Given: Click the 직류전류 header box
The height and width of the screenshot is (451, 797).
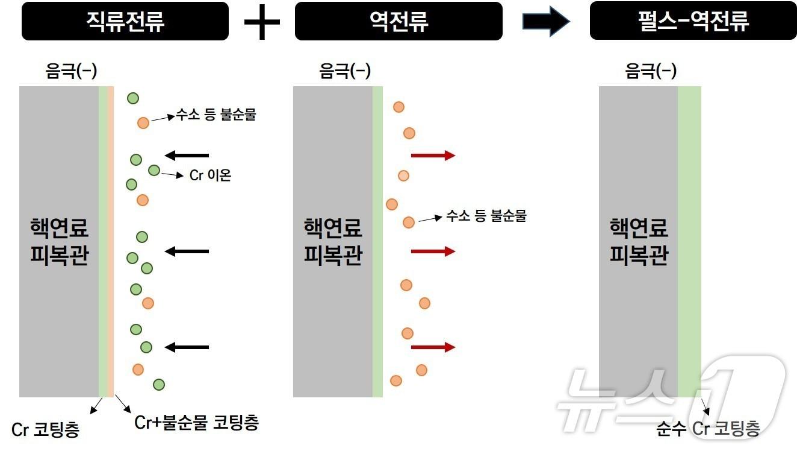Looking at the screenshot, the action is [125, 21].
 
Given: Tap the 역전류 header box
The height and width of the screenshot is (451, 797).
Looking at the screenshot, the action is [399, 21].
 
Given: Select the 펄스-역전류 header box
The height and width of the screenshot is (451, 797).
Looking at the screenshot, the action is [693, 20].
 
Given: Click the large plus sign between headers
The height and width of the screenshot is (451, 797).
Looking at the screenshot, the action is [262, 22].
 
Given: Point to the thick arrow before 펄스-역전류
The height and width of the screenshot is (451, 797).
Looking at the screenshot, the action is [546, 21].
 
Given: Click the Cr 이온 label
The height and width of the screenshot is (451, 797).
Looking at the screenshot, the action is [210, 175].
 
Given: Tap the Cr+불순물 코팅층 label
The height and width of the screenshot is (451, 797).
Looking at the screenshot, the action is [196, 423].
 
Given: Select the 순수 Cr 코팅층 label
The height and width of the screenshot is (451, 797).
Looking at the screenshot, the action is [708, 428].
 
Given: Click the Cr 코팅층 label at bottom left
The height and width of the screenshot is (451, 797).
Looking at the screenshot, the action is [45, 430].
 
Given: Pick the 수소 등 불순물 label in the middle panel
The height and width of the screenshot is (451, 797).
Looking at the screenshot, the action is [486, 216].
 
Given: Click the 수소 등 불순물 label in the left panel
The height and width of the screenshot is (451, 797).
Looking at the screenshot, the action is [216, 115].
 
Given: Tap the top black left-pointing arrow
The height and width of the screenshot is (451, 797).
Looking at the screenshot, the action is [187, 156].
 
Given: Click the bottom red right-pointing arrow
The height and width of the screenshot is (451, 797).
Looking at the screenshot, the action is [433, 347].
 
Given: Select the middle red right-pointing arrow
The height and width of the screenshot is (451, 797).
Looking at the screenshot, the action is [433, 251].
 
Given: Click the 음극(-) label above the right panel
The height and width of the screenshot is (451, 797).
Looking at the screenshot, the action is [651, 71].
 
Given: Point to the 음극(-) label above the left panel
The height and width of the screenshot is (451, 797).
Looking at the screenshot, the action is [71, 71].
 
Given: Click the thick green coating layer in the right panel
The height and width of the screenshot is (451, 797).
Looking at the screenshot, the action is [689, 242].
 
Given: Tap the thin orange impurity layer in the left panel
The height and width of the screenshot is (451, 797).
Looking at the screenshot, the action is [111, 242].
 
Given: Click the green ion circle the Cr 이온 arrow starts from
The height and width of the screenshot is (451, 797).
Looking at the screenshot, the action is [154, 171].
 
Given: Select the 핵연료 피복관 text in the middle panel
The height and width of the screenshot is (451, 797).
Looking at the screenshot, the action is [333, 241].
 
